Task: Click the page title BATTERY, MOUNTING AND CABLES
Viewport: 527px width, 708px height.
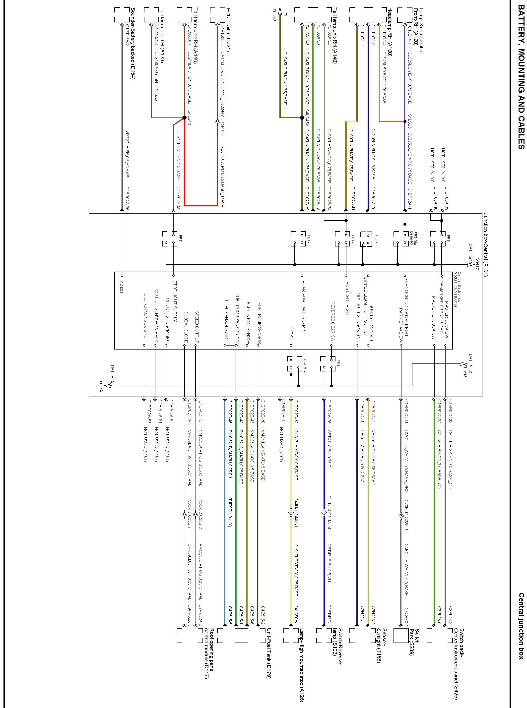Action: [520, 75]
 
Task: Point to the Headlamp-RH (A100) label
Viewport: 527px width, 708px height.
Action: [390, 32]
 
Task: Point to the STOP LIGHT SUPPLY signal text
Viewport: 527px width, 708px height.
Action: [175, 301]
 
